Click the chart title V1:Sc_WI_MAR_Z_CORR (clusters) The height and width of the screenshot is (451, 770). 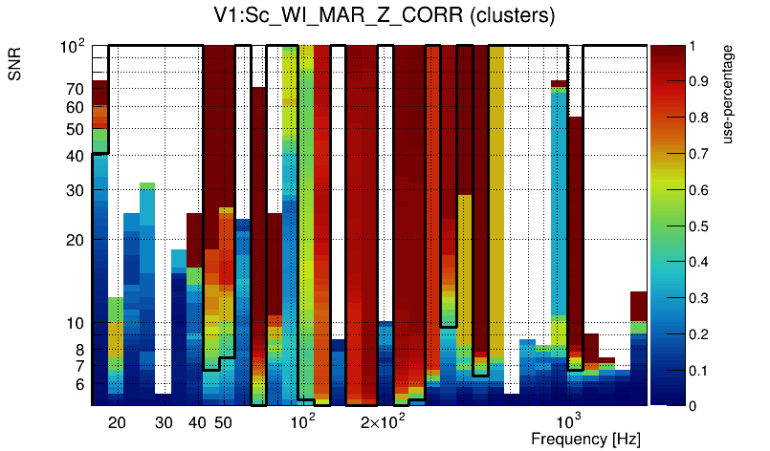tap(385, 16)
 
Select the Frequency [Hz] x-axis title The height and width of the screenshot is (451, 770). tap(585, 439)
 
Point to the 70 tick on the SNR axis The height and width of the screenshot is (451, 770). tap(75, 88)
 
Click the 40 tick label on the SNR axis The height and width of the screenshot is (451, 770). tap(75, 154)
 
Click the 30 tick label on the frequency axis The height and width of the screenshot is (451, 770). tap(164, 422)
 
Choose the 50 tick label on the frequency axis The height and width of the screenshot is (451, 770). tap(223, 422)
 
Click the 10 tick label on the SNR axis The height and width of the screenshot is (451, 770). tap(75, 323)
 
